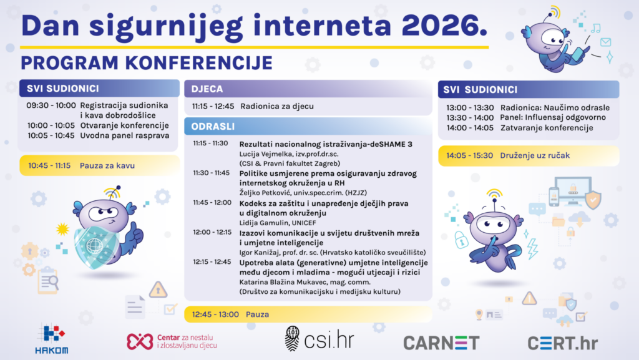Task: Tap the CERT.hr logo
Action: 563,343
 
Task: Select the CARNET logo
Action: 441,343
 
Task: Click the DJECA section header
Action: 208,89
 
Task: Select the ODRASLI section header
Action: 213,126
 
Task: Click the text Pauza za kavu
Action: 107,166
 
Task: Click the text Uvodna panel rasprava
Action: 125,135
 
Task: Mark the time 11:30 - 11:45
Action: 211,173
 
